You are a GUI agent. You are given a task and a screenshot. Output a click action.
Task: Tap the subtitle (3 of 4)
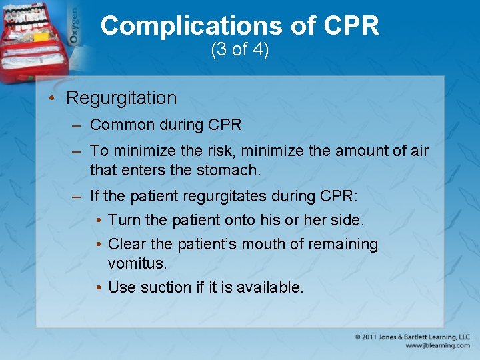240,50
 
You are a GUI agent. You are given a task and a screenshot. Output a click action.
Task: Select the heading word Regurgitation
121,98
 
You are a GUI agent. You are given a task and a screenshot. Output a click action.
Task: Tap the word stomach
228,171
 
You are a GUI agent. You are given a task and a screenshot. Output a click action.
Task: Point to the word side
347,220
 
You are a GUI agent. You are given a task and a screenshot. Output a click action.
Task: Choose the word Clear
127,245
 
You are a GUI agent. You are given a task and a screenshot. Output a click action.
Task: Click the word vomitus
136,264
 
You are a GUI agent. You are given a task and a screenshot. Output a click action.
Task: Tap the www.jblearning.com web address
437,346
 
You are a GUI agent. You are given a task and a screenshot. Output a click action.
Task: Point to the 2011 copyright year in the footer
370,337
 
